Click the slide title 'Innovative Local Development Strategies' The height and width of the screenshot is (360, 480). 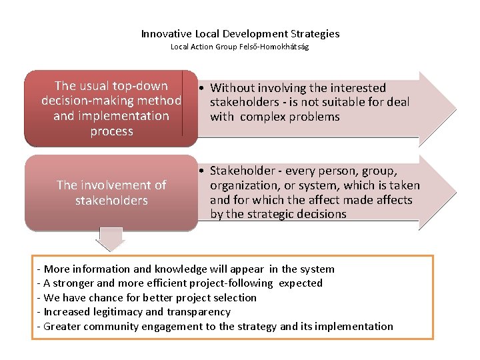(x=240, y=33)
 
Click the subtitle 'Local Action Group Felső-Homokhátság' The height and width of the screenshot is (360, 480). (x=240, y=47)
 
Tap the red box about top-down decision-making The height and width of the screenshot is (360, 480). (x=111, y=108)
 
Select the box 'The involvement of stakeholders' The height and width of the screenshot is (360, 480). (x=111, y=193)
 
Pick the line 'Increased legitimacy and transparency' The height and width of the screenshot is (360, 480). (x=137, y=311)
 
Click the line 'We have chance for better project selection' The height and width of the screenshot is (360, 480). (x=150, y=297)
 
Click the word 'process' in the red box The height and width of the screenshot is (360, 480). (x=111, y=131)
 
